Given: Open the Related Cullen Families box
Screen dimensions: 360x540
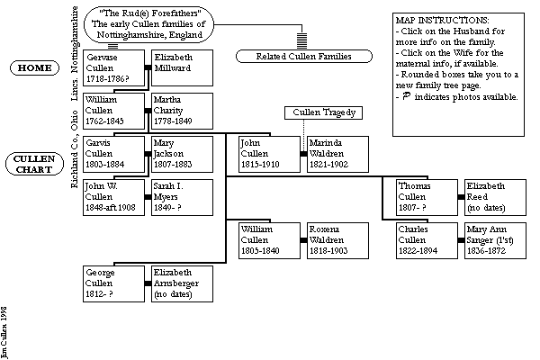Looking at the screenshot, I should [293, 57].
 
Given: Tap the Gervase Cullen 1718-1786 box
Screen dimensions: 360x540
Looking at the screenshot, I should [113, 67].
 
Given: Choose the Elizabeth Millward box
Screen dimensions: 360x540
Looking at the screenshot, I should [183, 67].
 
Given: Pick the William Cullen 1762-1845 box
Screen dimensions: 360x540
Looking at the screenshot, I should [113, 110].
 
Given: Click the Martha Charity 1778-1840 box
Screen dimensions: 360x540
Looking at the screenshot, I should [183, 110].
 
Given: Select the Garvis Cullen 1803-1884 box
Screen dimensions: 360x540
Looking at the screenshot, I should [113, 154].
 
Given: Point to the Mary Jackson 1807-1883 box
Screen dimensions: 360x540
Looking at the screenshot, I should [183, 154].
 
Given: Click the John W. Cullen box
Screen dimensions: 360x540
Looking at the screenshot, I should [113, 197].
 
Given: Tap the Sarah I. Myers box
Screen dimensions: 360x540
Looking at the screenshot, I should [183, 197].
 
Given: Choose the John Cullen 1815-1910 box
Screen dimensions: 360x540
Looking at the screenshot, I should [268, 154].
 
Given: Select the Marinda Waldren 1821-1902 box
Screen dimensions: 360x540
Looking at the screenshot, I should [337, 154].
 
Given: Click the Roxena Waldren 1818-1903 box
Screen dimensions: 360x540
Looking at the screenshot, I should [337, 240].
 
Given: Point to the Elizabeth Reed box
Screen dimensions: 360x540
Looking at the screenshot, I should [494, 197].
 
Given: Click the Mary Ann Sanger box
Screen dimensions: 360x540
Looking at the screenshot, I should [494, 240].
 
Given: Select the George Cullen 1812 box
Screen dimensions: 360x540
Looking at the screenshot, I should [113, 283].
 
